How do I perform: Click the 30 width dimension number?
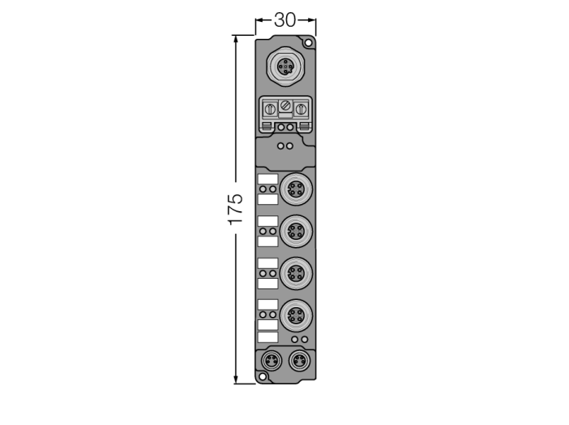284,20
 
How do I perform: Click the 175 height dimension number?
236,209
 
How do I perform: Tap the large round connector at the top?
285,67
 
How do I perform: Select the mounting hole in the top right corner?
308,43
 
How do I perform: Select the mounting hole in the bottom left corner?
263,377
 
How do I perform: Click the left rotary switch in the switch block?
270,109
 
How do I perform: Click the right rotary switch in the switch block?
300,109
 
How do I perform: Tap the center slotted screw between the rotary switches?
285,106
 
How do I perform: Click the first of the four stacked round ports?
296,189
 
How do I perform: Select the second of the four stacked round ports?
296,231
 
